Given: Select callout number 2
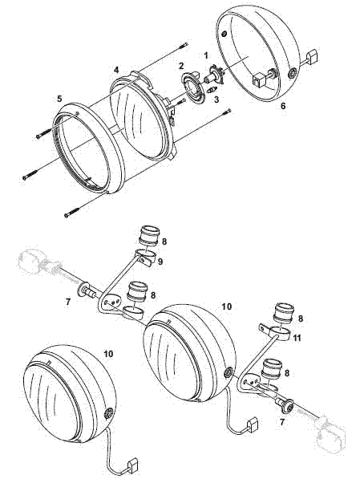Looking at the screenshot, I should click(x=181, y=66).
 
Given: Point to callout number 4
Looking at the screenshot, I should click(x=116, y=71).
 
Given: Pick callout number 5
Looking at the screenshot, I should click(x=59, y=98).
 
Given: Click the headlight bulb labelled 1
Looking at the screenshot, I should click(x=215, y=78).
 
